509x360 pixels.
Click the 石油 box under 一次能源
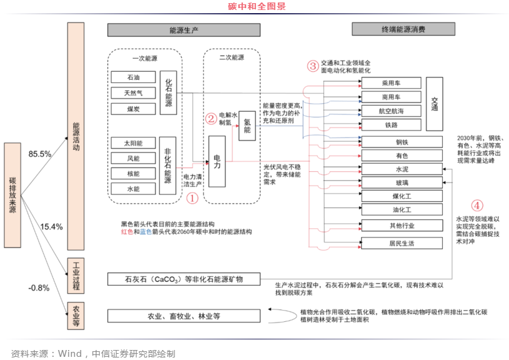pos(133,77)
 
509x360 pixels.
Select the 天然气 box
pos(133,93)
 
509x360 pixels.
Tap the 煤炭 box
pos(133,109)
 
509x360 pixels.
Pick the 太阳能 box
pos(133,143)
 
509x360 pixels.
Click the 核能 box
pos(133,173)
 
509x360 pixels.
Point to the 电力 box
pos(217,161)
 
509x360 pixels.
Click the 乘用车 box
pos(392,83)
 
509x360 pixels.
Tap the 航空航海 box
pos(392,111)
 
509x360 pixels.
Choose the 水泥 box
pos(401,169)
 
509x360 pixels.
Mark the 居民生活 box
pos(401,242)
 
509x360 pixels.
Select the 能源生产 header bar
pos(184,30)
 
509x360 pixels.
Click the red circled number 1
pos(192,197)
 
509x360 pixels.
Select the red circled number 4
pos(477,204)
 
